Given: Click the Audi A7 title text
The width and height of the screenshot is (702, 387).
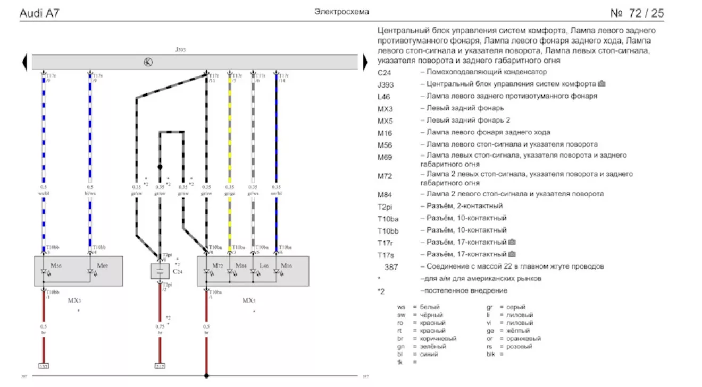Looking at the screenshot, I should click(39, 13).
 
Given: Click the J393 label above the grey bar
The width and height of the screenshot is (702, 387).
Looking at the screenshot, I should click(181, 49).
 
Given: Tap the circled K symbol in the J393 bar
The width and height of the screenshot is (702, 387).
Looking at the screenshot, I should click(148, 62).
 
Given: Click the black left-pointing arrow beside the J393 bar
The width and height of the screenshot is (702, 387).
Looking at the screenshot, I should click(24, 62).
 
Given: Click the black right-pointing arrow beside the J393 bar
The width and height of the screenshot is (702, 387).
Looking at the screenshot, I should click(365, 62).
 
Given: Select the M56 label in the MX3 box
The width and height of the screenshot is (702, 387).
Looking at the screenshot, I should click(55, 265).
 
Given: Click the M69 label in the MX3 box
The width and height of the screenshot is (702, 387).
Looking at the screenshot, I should click(102, 265).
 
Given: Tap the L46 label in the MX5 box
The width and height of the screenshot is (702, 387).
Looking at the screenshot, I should click(263, 265).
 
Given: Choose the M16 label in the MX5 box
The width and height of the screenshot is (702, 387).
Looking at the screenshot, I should click(286, 265).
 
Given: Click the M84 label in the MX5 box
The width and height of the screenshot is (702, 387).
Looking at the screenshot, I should click(240, 265).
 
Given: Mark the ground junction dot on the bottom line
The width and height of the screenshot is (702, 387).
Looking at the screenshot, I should click(206, 376).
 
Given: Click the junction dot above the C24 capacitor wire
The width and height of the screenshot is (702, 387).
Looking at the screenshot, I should click(160, 167).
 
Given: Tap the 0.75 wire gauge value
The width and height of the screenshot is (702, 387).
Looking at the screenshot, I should click(160, 326).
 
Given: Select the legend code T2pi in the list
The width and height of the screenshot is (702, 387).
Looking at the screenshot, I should click(387, 207).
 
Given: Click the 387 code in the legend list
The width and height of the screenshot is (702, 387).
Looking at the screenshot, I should click(391, 267).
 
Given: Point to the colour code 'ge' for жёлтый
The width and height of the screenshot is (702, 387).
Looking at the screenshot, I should click(490, 331).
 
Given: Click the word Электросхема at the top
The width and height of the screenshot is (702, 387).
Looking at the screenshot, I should click(341, 11).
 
